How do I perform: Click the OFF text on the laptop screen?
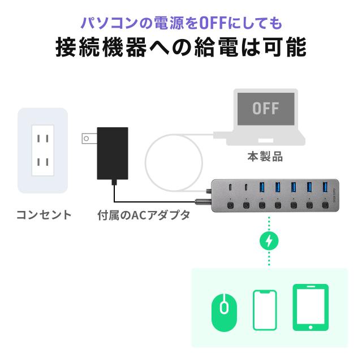[266, 108]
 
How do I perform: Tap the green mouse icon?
[224, 313]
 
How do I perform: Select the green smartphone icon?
[265, 310]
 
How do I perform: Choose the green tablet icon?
[311, 307]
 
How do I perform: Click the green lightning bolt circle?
[269, 241]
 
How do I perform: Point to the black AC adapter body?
[113, 153]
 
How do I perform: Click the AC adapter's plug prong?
[89, 139]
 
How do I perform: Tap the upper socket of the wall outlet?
[43, 139]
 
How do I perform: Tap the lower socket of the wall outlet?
[43, 162]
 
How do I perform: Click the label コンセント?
[44, 215]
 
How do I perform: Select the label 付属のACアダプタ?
[144, 215]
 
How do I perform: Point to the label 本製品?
[265, 157]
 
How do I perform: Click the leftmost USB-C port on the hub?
[230, 187]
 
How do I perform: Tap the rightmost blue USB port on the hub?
[325, 187]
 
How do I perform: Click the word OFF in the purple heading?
[213, 23]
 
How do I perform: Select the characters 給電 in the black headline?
[216, 47]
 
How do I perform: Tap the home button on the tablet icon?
[311, 327]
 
